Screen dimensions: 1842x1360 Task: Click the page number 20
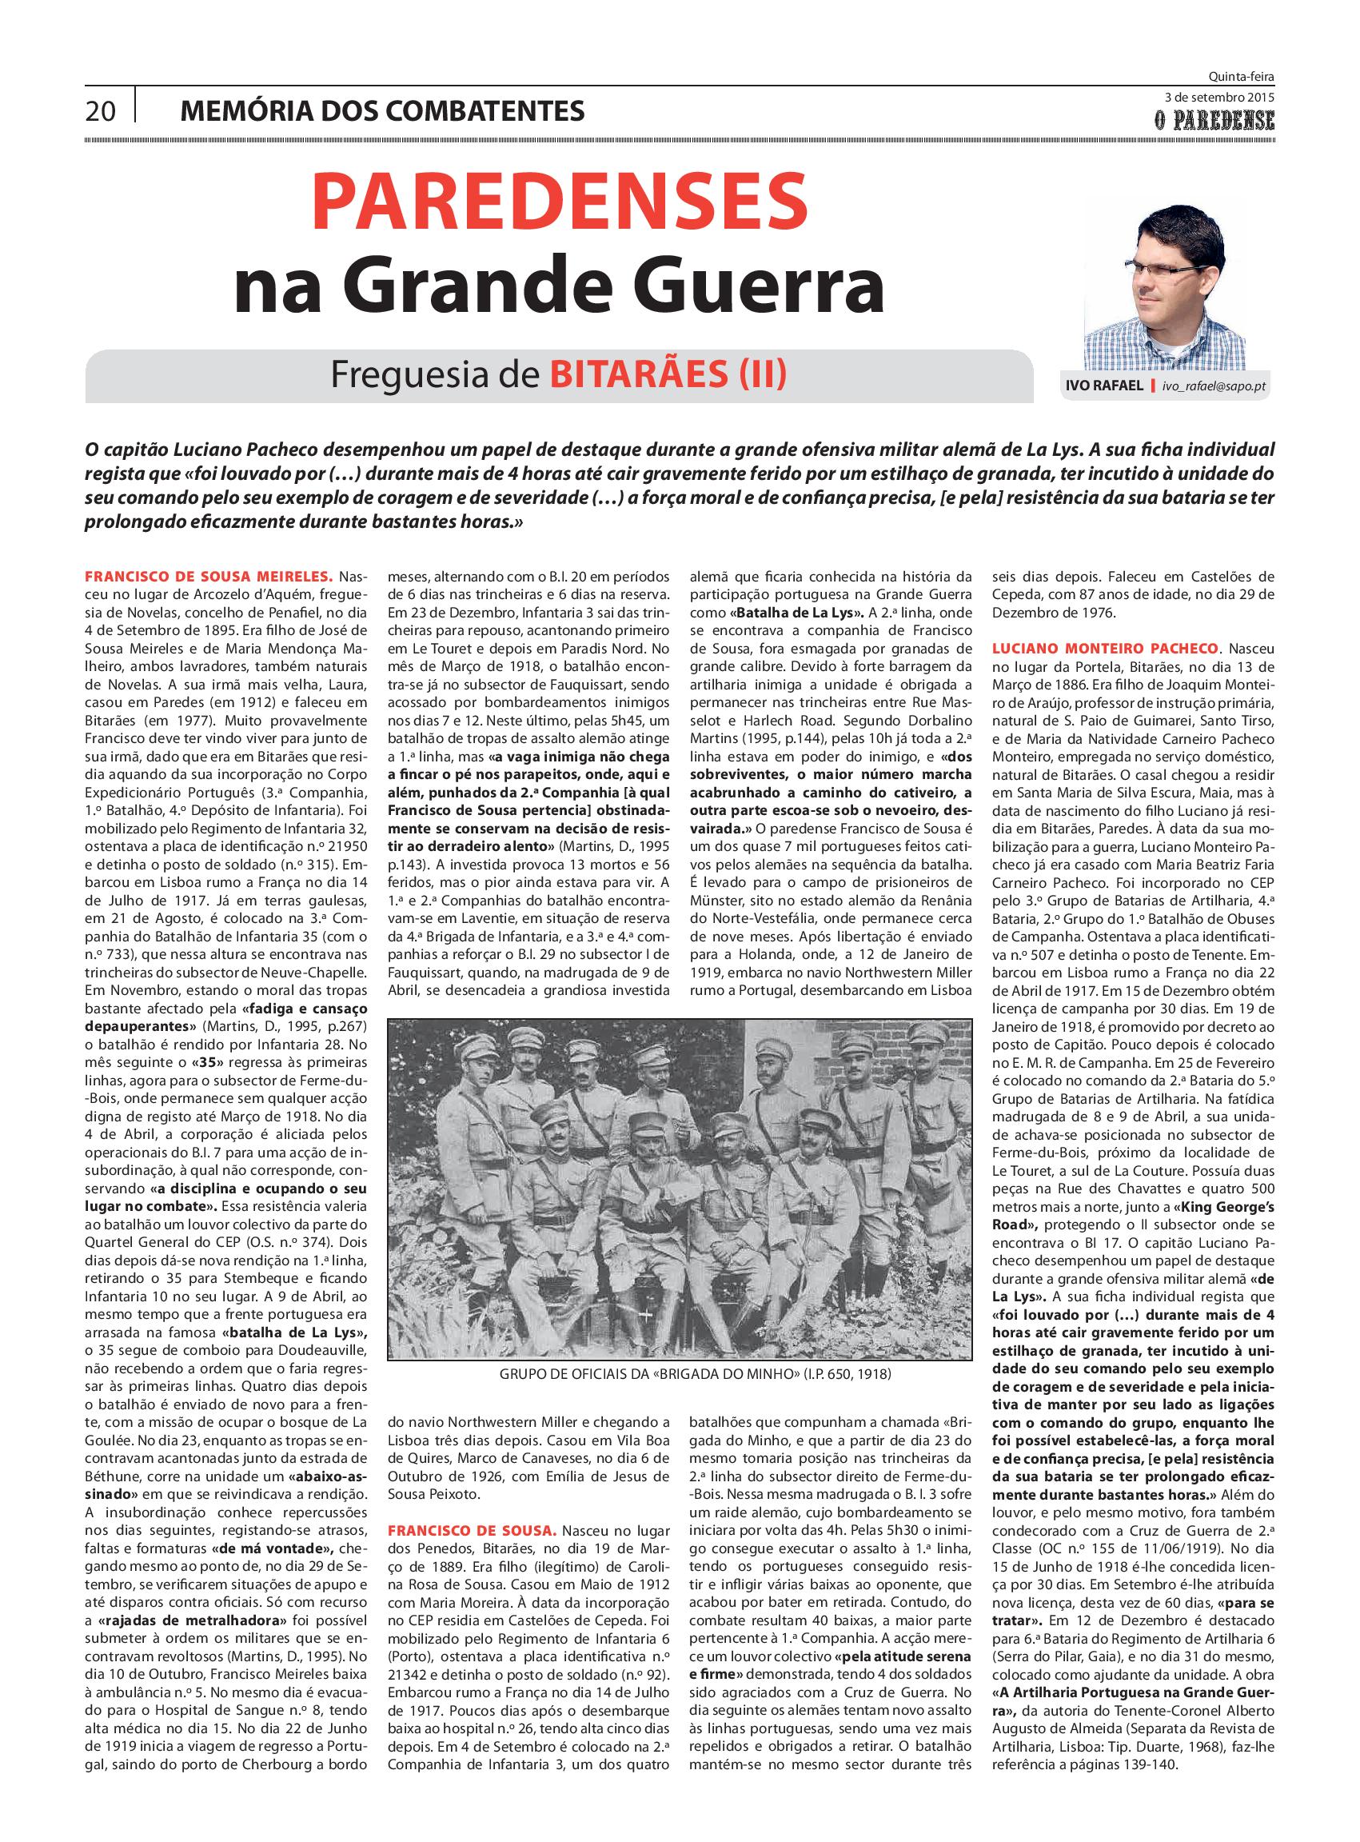coord(102,111)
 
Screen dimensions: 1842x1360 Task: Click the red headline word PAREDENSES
coord(559,202)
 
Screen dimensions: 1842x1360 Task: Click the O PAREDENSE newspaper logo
coord(1213,122)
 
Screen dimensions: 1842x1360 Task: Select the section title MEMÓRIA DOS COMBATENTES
coord(382,110)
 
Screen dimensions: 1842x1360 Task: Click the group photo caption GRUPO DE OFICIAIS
coord(695,1374)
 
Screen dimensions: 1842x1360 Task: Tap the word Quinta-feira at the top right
coord(1242,77)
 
